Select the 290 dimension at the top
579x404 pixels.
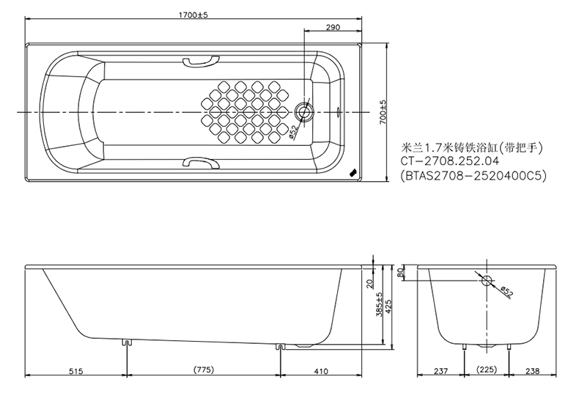(x=332, y=28)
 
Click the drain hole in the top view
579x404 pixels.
(x=303, y=112)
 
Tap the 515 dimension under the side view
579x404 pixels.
(x=75, y=372)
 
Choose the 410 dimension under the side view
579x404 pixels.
(x=320, y=372)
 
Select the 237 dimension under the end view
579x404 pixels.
(x=439, y=372)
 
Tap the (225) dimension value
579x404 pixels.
(x=486, y=372)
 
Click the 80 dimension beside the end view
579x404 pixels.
(x=400, y=272)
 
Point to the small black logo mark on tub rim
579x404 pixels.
(x=353, y=173)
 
